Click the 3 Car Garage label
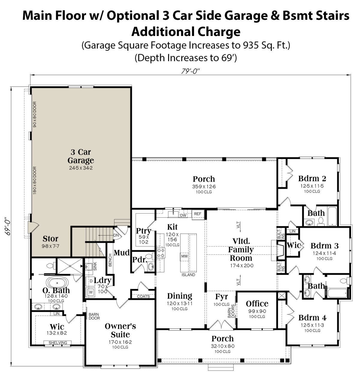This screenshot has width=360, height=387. pyautogui.click(x=81, y=156)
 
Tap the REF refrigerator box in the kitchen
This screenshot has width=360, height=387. pyautogui.click(x=198, y=214)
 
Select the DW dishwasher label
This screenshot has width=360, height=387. pyautogui.click(x=183, y=216)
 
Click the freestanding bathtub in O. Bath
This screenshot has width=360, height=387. pyautogui.click(x=57, y=283)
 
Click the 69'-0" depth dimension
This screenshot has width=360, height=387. pyautogui.click(x=8, y=226)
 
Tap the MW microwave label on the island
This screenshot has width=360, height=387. pyautogui.click(x=184, y=256)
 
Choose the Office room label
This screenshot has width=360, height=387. pyautogui.click(x=257, y=304)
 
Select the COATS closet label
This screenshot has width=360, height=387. pyautogui.click(x=143, y=296)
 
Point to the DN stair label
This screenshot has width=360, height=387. pyautogui.click(x=116, y=235)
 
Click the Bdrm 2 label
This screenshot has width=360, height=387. pyautogui.click(x=312, y=178)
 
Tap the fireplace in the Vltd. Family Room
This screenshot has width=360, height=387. pyautogui.click(x=281, y=250)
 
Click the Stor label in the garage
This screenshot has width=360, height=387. pyautogui.click(x=50, y=239)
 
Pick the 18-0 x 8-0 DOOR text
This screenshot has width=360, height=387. pyautogui.click(x=35, y=180)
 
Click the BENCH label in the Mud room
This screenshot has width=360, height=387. pyautogui.click(x=110, y=260)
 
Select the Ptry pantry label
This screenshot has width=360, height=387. pyautogui.click(x=143, y=231)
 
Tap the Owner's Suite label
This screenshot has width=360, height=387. pyautogui.click(x=120, y=330)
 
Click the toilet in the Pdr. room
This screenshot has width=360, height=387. pyautogui.click(x=150, y=256)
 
